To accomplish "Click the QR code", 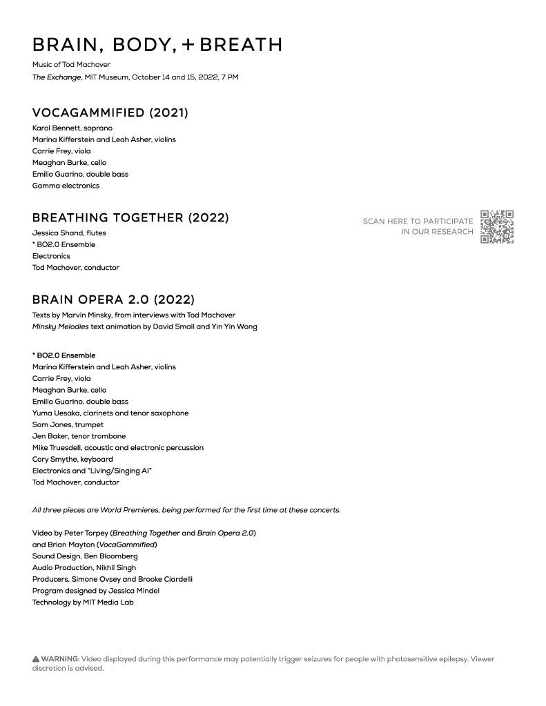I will [x=496, y=227].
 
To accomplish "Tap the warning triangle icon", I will [x=36, y=659].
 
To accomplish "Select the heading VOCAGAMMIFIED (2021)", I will [x=110, y=112].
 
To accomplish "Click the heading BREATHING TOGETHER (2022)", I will [x=130, y=218].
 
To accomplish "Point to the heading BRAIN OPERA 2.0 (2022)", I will [x=113, y=300].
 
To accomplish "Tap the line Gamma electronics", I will [x=66, y=186].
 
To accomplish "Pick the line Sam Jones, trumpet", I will [x=68, y=424].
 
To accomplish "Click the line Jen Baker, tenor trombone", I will [x=79, y=436].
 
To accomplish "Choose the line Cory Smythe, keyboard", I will [x=72, y=459].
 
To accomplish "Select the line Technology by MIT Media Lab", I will [x=83, y=602].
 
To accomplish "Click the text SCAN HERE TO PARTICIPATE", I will [x=418, y=222].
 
